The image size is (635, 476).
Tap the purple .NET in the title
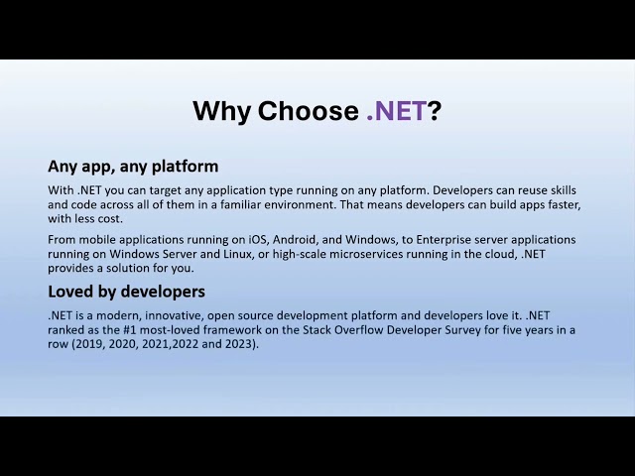(396, 111)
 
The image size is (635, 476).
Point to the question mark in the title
(434, 111)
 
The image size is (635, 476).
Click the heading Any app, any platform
(133, 166)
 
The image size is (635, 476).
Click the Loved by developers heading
(126, 292)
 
